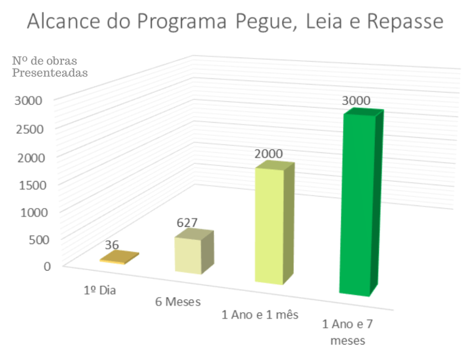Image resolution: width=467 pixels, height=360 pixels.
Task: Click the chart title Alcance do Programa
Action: [x=234, y=22]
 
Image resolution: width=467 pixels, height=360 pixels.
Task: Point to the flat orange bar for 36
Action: [x=119, y=258]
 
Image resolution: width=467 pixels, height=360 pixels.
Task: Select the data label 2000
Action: [x=269, y=154]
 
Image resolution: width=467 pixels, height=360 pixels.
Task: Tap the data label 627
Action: [x=187, y=223]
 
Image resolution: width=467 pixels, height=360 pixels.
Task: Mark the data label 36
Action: [x=112, y=245]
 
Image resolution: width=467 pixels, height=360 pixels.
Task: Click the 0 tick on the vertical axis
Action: [x=47, y=266]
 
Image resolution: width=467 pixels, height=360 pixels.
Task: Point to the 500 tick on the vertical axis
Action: [x=40, y=240]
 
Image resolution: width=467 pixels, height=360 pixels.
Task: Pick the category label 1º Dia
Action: [x=100, y=290]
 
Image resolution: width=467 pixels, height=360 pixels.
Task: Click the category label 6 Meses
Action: [x=178, y=302]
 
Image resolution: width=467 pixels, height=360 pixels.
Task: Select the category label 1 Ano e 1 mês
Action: [x=259, y=314]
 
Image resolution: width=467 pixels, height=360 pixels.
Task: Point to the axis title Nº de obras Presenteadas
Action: [x=49, y=67]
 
